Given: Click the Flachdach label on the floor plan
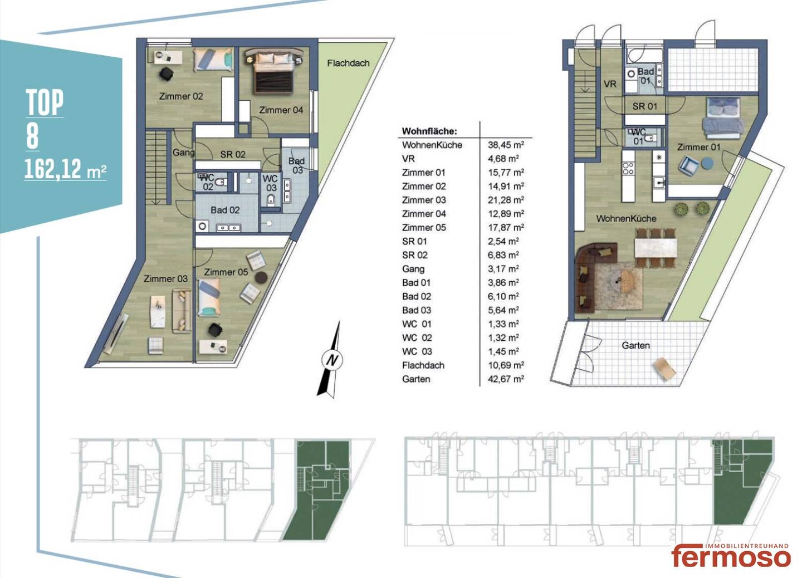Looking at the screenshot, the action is pyautogui.click(x=348, y=63).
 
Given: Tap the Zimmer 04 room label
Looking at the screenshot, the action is pyautogui.click(x=281, y=110).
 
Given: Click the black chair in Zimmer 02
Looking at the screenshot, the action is pyautogui.click(x=167, y=74).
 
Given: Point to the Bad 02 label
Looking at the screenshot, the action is pyautogui.click(x=225, y=210).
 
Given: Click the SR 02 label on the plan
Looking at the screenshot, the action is pyautogui.click(x=233, y=154).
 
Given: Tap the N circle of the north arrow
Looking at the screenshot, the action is pyautogui.click(x=332, y=360).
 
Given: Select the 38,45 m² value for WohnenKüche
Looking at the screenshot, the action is pyautogui.click(x=506, y=145).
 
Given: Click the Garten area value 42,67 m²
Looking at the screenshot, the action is pyautogui.click(x=506, y=379).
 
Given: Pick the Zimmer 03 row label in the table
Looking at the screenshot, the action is pyautogui.click(x=424, y=200).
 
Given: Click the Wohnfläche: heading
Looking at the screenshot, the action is pyautogui.click(x=429, y=131).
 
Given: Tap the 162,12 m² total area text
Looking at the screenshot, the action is pyautogui.click(x=66, y=169).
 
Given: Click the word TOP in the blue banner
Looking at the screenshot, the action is pyautogui.click(x=45, y=102).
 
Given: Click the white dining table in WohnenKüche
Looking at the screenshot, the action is pyautogui.click(x=656, y=248).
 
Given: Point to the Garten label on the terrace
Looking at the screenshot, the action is pyautogui.click(x=635, y=346).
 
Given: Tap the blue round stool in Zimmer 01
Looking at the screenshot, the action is pyautogui.click(x=707, y=164).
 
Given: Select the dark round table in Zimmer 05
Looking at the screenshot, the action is pyautogui.click(x=261, y=277).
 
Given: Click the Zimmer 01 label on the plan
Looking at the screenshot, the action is pyautogui.click(x=698, y=147).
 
